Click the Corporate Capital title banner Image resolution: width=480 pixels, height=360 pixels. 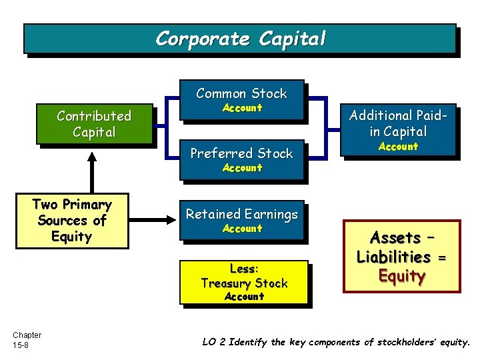[240, 39]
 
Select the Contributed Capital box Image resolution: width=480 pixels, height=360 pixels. [94, 124]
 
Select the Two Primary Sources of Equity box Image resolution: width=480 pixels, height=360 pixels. [71, 221]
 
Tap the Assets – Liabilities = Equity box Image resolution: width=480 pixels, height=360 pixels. [401, 257]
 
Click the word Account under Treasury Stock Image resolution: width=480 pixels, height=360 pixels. [244, 297]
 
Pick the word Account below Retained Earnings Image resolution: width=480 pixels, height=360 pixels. [242, 229]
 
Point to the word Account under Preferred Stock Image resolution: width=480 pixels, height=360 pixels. [242, 168]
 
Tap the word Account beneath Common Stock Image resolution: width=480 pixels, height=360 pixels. [242, 108]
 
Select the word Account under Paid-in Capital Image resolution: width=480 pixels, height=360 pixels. [398, 147]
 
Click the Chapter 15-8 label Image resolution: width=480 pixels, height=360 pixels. [27, 340]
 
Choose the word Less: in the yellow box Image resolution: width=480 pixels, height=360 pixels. [244, 269]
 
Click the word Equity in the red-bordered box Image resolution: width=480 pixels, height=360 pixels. [401, 276]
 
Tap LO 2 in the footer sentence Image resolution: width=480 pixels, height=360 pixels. [214, 342]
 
